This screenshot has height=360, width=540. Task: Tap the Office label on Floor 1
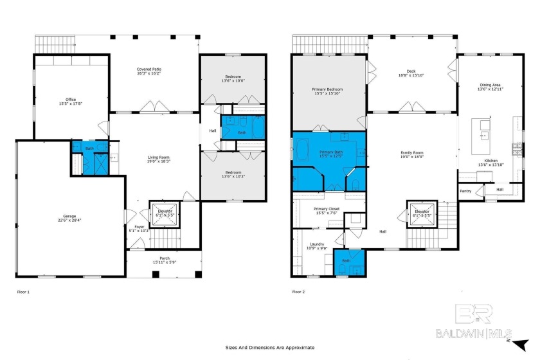pyautogui.click(x=71, y=102)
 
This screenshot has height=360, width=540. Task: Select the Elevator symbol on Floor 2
pyautogui.click(x=422, y=213)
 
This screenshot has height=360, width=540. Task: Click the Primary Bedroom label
pyautogui.click(x=328, y=91)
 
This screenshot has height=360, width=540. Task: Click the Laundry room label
pyautogui.click(x=316, y=246)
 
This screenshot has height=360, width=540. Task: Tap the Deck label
pyautogui.click(x=411, y=73)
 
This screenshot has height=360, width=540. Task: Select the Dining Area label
pyautogui.click(x=490, y=87)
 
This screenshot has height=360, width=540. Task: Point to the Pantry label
pyautogui.click(x=465, y=191)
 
